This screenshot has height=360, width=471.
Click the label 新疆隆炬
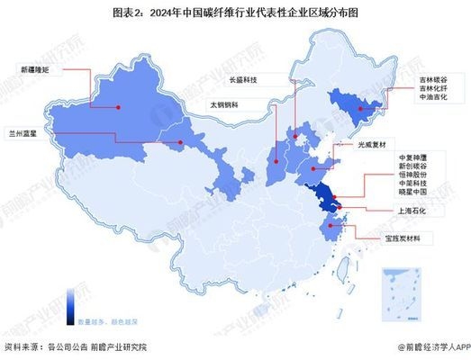tap(33, 67)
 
